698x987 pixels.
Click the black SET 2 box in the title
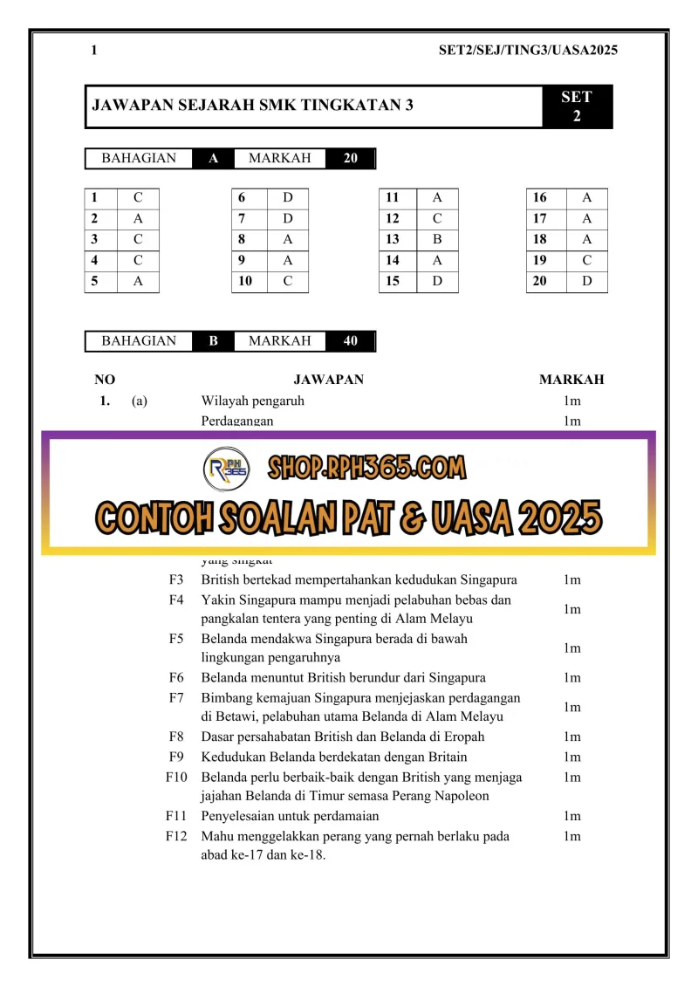tap(577, 106)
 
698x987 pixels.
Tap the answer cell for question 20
tap(585, 281)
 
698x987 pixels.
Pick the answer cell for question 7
tap(288, 218)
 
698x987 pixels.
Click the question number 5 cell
tap(101, 281)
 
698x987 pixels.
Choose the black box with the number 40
tap(351, 341)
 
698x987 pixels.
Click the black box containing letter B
tap(213, 341)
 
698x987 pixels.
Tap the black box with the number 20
tap(351, 158)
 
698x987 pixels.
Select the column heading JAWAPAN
tap(328, 380)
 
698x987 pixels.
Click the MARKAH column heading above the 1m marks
tap(571, 380)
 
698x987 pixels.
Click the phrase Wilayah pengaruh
tap(253, 401)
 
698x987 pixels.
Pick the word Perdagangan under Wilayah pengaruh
tap(237, 421)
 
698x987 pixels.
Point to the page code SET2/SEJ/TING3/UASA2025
tap(528, 51)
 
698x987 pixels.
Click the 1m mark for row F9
tap(571, 757)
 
